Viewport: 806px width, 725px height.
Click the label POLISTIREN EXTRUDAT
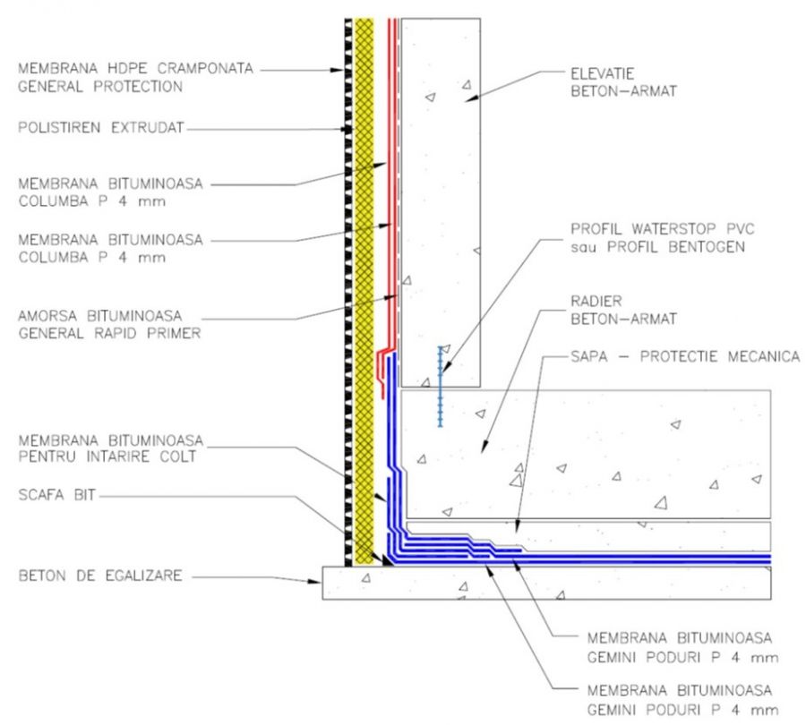point(100,129)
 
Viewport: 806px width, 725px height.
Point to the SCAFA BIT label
point(55,495)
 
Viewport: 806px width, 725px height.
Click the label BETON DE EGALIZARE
point(99,576)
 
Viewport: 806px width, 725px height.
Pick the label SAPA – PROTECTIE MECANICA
point(684,357)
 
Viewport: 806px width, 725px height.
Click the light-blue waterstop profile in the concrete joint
point(440,385)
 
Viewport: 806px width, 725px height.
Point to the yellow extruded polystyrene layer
point(364,269)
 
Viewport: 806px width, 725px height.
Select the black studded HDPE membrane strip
point(348,269)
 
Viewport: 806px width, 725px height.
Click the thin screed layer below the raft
point(627,535)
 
